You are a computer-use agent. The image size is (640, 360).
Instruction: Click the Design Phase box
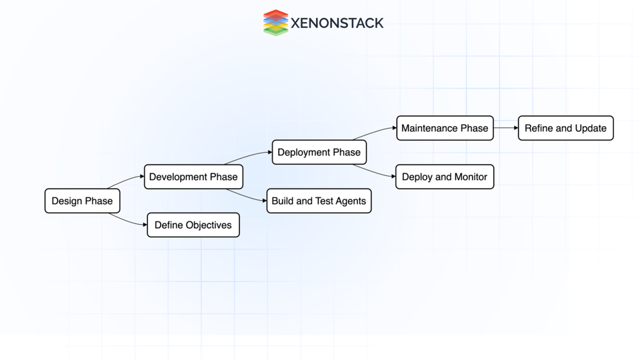[x=82, y=201]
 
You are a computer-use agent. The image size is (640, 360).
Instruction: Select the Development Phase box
[x=193, y=177]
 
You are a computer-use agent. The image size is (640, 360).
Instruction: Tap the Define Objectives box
[x=193, y=225]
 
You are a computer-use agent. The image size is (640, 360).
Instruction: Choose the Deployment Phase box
[x=319, y=152]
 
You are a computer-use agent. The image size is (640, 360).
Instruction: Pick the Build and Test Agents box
[x=319, y=201]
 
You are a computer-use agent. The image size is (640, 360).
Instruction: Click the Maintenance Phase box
[x=445, y=128]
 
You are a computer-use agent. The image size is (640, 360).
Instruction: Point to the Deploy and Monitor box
[x=445, y=177]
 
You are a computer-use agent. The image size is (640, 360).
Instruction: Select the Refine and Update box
[x=565, y=128]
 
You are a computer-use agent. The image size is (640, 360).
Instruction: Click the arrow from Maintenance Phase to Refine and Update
[x=506, y=127]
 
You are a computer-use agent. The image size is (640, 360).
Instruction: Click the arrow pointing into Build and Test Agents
[x=247, y=197]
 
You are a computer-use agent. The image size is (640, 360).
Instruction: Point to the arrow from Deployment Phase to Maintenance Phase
[x=375, y=132]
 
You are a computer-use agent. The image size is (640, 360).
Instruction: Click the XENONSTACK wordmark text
[x=337, y=23]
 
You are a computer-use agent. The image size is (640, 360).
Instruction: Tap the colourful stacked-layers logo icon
[x=275, y=23]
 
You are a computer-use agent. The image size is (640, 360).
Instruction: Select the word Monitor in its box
[x=471, y=177]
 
